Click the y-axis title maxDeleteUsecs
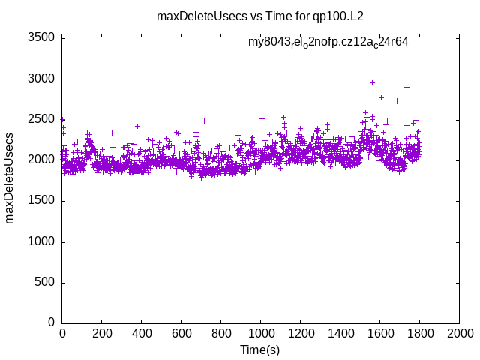coord(10,178)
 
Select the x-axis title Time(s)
coord(259,349)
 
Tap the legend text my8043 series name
coord(328,43)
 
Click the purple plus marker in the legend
coord(430,43)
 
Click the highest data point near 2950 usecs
coord(372,82)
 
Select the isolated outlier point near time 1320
coord(325,97)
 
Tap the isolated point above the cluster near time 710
coord(204,121)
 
